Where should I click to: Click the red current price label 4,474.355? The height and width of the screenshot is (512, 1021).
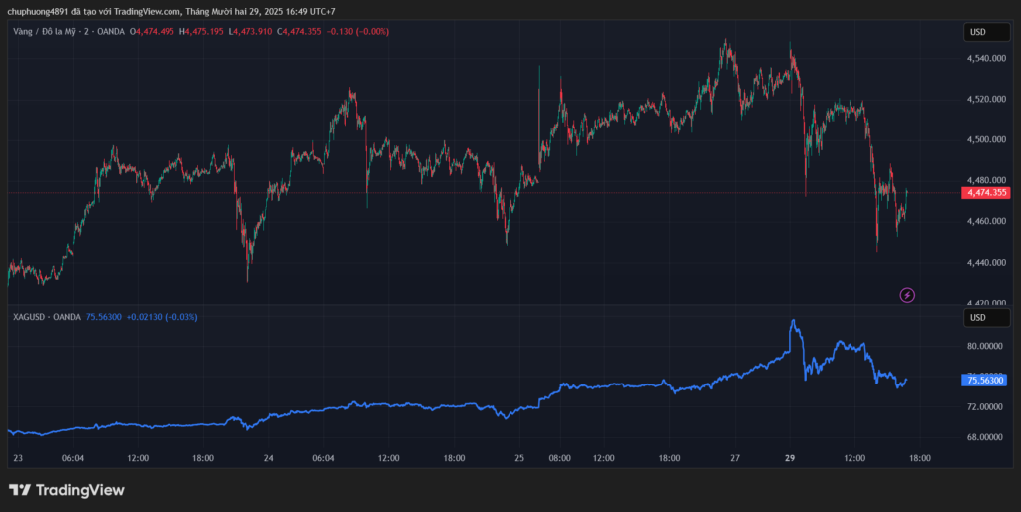985,192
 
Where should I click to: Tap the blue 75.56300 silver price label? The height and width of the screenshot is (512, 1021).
985,380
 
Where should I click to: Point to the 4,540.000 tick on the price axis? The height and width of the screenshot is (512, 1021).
984,58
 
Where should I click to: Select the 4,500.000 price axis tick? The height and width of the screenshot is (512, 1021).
984,139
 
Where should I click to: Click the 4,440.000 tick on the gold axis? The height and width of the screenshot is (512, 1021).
984,262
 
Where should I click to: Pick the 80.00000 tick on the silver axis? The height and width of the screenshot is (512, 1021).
984,346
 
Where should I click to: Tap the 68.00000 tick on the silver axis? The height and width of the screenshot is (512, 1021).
984,436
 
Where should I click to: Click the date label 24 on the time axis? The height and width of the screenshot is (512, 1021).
269,458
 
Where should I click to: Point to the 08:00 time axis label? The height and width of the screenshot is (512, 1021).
559,458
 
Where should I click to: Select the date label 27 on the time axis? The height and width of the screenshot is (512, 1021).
735,458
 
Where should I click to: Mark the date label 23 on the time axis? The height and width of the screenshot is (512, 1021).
17,458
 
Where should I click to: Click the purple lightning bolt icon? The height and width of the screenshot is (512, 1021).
907,294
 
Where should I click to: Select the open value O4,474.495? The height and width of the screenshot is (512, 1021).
153,32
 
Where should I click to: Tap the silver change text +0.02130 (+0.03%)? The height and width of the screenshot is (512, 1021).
162,317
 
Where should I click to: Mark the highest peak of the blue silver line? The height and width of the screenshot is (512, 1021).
793,321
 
